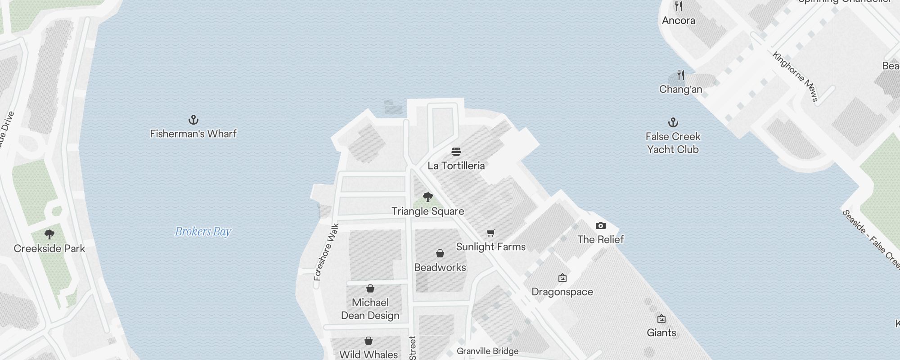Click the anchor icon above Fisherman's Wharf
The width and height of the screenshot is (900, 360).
[x=193, y=120]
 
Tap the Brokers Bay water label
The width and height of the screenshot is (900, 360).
[x=202, y=232]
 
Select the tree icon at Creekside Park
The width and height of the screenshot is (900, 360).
[x=49, y=234]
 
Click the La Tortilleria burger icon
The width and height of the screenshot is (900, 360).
[x=456, y=152]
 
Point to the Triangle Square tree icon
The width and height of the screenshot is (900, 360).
[x=427, y=197]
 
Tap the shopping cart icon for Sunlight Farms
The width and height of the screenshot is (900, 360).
[x=490, y=233]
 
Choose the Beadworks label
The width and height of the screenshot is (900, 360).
[x=440, y=267]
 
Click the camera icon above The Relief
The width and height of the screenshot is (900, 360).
[x=600, y=225]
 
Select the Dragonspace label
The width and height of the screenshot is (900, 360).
[x=562, y=292]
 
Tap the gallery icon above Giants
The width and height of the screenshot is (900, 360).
[x=661, y=319]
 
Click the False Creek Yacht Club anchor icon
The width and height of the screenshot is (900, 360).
[x=673, y=122]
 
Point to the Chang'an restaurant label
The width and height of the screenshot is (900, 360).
[x=680, y=90]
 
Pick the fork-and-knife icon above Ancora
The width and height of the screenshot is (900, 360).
[x=679, y=7]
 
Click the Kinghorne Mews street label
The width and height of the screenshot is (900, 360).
[x=795, y=77]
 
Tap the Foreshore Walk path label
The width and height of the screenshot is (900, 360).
[x=326, y=252]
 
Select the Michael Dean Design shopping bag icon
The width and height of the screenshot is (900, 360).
[x=370, y=288]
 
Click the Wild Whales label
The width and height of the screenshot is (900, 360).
[x=368, y=355]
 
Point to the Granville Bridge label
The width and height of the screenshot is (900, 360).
[x=487, y=351]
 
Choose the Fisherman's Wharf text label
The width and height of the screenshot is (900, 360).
[x=193, y=134]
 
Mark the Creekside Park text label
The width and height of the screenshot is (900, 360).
[x=49, y=248]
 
